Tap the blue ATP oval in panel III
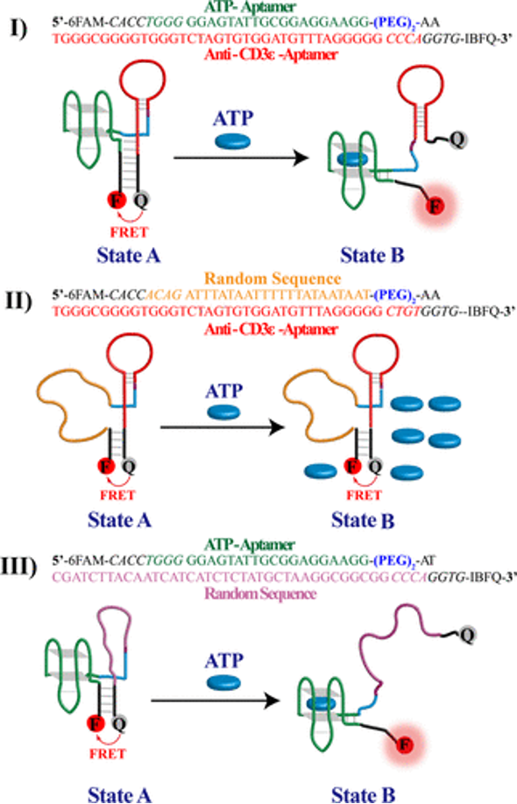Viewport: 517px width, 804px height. (x=223, y=681)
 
